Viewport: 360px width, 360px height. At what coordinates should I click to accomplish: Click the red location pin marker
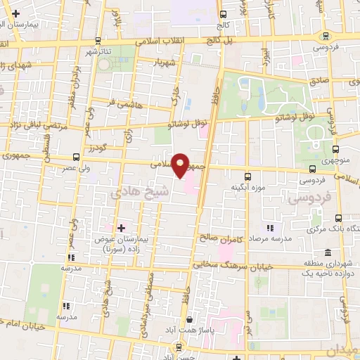point(180,165)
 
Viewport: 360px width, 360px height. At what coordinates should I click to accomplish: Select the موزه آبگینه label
point(247,188)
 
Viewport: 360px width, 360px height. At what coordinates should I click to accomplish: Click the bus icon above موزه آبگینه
point(247,176)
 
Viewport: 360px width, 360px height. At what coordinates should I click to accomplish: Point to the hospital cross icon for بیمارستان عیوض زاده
point(120,228)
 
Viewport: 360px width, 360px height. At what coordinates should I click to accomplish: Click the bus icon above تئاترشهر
point(98,40)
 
